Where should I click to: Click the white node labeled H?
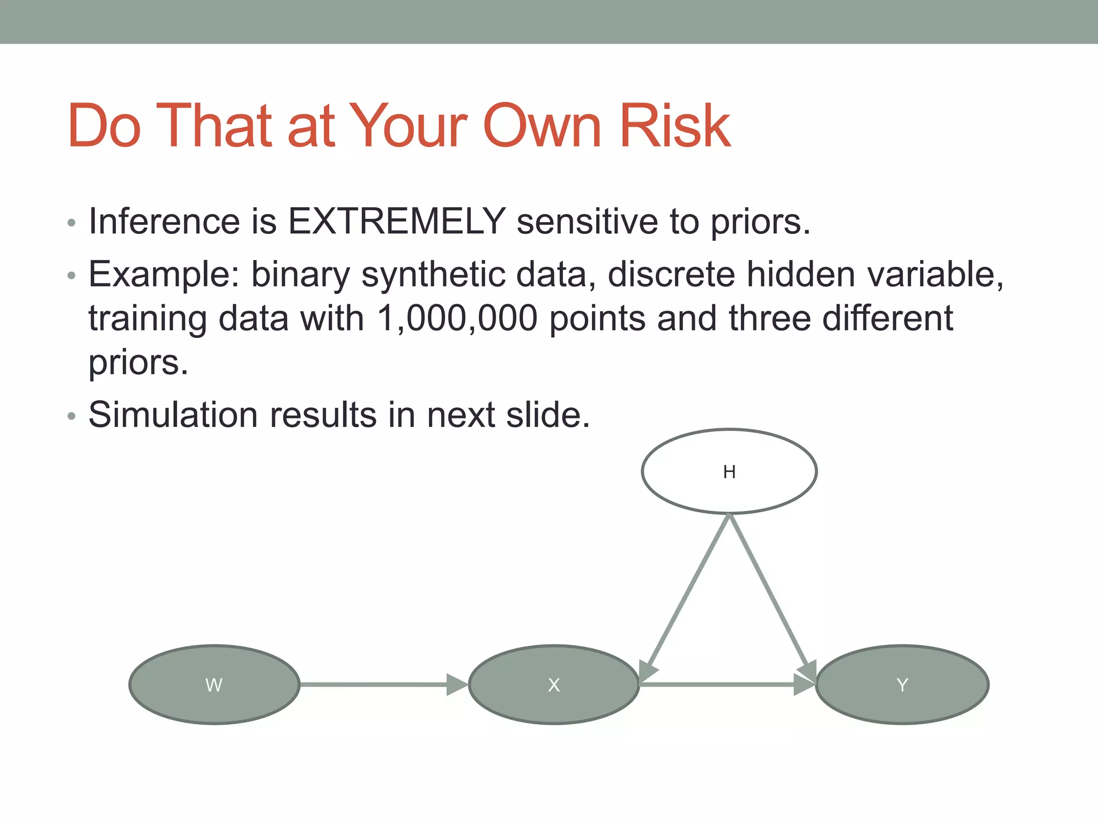click(729, 471)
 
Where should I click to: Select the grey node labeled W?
click(214, 685)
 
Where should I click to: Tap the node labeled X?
click(554, 685)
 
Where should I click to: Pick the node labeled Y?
click(902, 685)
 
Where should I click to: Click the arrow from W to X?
click(375, 685)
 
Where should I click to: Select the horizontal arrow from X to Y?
click(718, 685)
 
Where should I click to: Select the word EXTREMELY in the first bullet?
click(397, 221)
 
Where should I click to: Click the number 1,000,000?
click(457, 318)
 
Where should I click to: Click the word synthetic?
click(433, 275)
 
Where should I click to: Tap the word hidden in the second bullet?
click(800, 275)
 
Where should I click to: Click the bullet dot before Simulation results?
click(72, 417)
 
